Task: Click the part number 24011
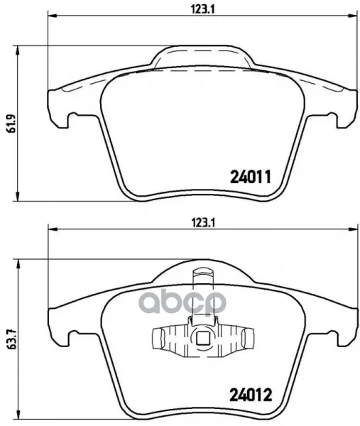pyautogui.click(x=251, y=177)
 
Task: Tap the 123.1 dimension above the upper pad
pyautogui.click(x=202, y=9)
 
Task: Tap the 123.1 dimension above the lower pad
pyautogui.click(x=203, y=223)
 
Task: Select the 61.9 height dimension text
pyautogui.click(x=10, y=124)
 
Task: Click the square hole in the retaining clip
pyautogui.click(x=202, y=338)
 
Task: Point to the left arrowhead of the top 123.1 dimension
pyautogui.click(x=52, y=16)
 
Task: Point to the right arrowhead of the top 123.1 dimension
pyautogui.click(x=353, y=16)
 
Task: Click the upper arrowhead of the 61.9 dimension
pyautogui.click(x=18, y=50)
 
